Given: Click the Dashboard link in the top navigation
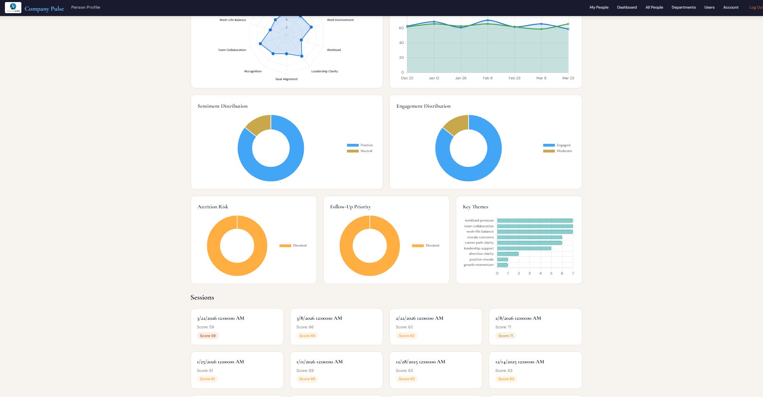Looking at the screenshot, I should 627,7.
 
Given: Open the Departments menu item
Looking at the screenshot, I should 683,7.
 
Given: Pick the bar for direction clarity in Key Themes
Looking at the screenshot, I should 508,254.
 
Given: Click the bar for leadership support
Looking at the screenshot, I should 524,248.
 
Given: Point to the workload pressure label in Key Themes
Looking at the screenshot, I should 479,221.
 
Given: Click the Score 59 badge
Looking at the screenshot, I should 208,336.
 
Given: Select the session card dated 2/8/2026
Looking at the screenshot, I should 535,326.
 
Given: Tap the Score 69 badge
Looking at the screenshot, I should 307,379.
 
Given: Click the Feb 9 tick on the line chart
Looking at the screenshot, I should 487,78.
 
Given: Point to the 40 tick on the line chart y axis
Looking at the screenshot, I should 401,43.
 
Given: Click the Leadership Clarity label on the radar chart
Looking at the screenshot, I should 324,72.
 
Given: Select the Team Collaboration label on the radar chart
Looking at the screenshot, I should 232,50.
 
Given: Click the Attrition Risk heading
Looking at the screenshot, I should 213,207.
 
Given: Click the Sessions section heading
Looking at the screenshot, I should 202,298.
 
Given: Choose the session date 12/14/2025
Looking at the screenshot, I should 519,362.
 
